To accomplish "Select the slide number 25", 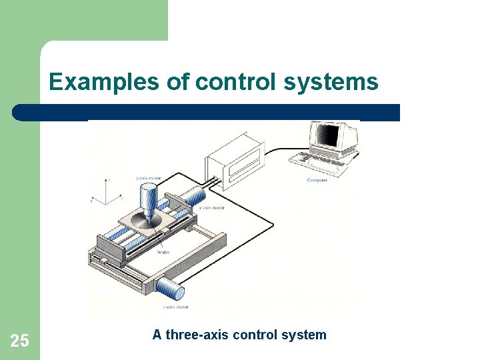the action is point(20,341).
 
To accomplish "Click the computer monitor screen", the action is point(329,137).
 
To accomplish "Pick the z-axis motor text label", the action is point(148,179).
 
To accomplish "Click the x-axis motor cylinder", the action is point(194,197).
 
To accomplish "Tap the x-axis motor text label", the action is point(213,208).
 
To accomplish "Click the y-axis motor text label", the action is point(176,307).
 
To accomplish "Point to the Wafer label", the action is point(163,253).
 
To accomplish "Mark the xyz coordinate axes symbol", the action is point(107,191).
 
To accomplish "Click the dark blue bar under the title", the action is point(207,112).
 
